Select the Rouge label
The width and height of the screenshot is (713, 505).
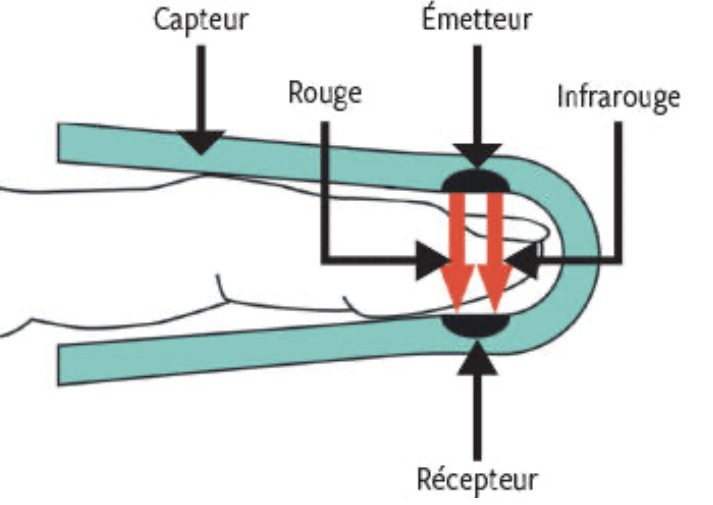tap(325, 94)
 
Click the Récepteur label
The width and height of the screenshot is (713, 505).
tap(477, 480)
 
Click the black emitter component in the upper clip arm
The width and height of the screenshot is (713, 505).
tap(477, 181)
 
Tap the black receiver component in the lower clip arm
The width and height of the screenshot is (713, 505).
tap(477, 325)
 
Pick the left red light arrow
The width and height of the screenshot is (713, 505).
tap(457, 253)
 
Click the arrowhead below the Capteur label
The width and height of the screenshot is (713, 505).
tap(201, 142)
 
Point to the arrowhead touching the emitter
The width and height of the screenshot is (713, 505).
tap(477, 155)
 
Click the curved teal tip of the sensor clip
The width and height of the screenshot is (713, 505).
tap(576, 255)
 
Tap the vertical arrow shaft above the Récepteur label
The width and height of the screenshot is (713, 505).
tap(477, 417)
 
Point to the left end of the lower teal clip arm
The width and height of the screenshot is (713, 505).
tap(58, 366)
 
